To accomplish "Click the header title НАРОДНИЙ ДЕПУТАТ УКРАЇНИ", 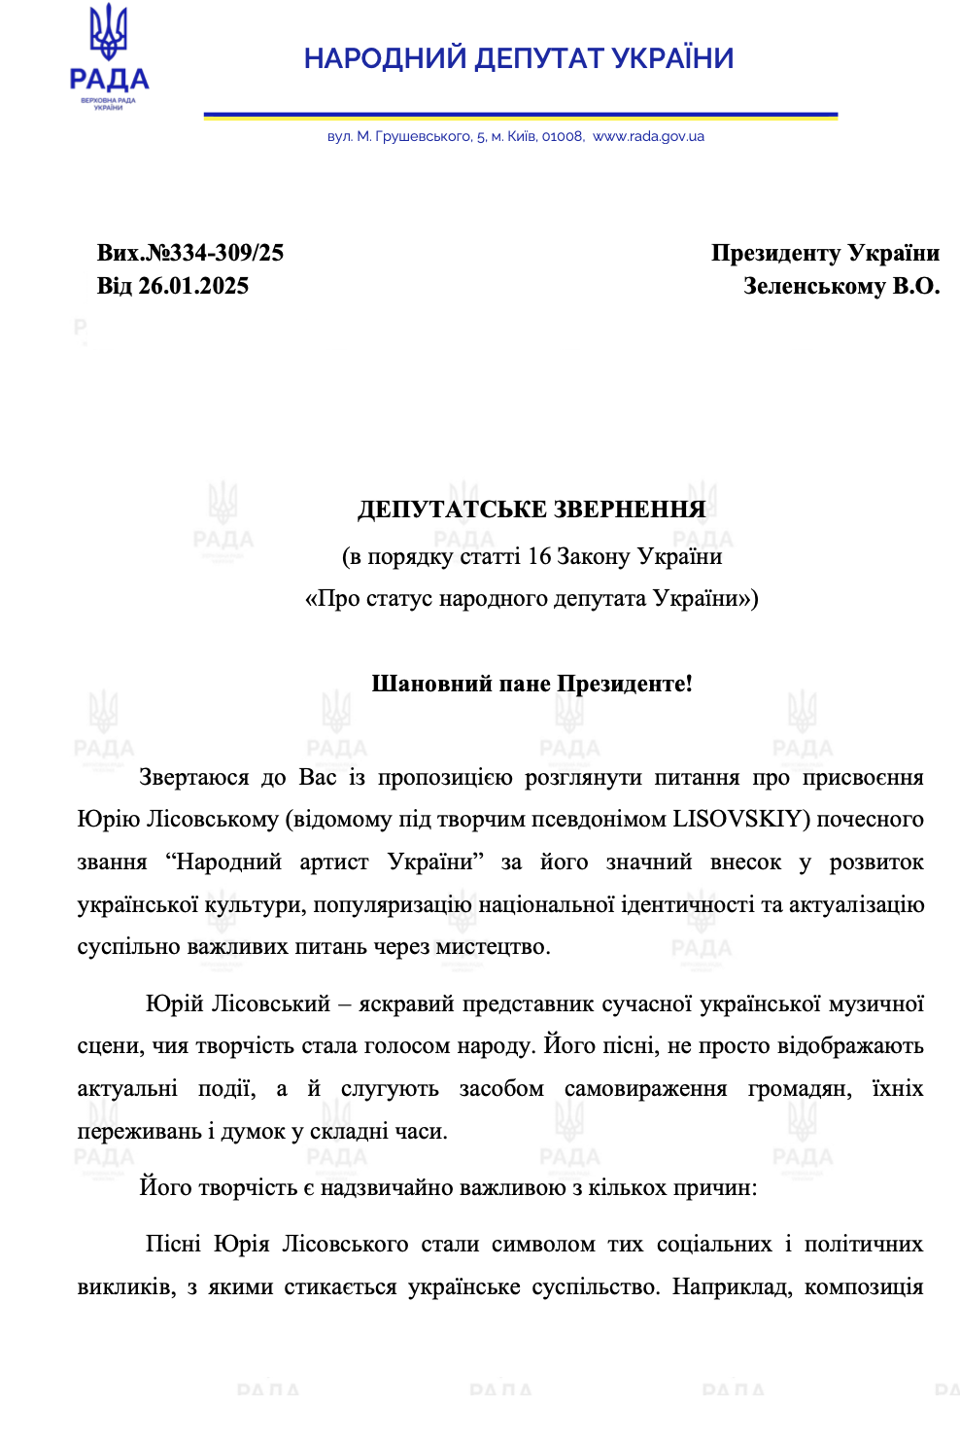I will tap(519, 58).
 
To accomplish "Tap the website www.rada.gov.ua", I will tap(648, 137).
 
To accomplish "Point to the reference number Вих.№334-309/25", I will tap(190, 253).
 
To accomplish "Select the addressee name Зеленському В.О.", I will tap(841, 286).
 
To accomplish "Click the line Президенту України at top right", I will tap(825, 253).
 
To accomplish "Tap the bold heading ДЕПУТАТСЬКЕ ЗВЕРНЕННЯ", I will tap(531, 510).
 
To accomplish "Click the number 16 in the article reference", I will tap(539, 556).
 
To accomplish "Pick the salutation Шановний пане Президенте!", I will tap(531, 684).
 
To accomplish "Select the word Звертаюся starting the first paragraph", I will tap(194, 777).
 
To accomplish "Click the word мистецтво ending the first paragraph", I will tap(495, 946).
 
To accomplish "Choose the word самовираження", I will tap(645, 1088).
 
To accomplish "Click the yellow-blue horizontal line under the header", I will tap(520, 116).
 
